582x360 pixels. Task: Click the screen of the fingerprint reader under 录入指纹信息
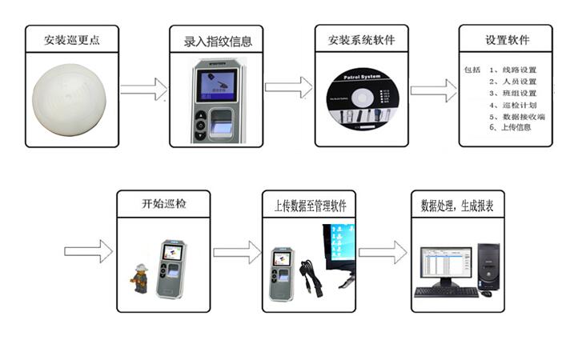coord(217,85)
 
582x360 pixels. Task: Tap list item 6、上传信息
coord(510,128)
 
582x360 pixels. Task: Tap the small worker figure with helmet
coord(141,277)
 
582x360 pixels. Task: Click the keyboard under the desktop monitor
coord(446,291)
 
